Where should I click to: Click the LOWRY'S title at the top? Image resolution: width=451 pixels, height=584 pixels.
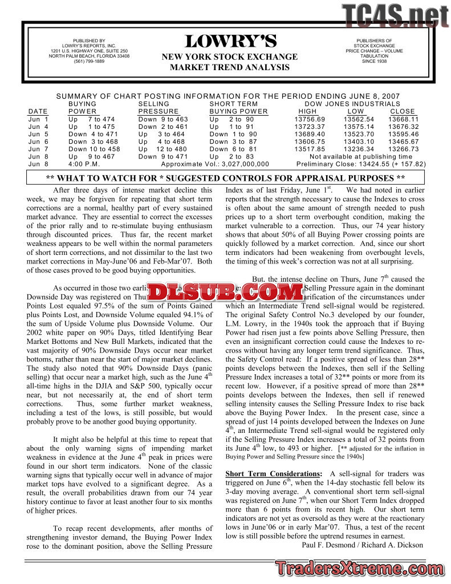point(230,42)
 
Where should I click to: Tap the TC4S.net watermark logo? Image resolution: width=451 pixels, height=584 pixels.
point(395,16)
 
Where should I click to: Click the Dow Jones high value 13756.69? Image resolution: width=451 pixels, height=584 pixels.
point(310,119)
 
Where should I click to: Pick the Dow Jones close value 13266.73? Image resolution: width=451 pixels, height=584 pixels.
point(403,149)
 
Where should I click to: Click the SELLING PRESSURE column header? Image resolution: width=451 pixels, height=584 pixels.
point(159,108)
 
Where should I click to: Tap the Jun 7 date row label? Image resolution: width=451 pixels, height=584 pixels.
point(38,149)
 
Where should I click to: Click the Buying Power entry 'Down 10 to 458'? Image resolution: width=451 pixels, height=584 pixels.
point(94,149)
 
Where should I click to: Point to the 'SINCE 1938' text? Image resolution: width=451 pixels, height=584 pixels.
point(374,62)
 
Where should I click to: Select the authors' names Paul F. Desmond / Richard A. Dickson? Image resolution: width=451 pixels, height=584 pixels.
point(361,545)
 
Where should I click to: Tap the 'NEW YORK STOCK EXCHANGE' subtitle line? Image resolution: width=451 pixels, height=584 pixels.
point(230,57)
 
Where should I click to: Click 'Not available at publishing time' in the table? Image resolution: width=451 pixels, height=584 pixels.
point(360,156)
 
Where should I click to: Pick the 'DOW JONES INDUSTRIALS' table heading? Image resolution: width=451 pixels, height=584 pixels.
point(360,104)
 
